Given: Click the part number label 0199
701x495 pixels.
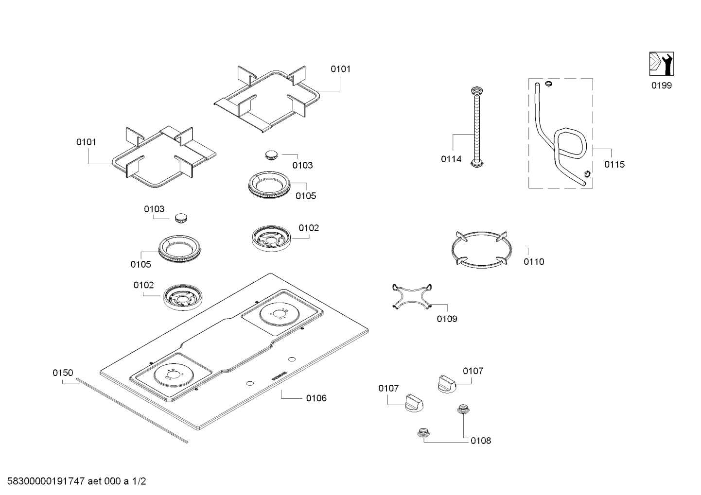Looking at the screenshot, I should pyautogui.click(x=661, y=85).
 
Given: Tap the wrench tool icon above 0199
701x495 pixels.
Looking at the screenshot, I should pyautogui.click(x=661, y=64).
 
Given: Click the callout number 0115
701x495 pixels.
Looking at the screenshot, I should pyautogui.click(x=614, y=164).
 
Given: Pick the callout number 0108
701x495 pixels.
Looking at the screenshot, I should pyautogui.click(x=480, y=441).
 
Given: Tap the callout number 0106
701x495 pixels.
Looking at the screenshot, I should pyautogui.click(x=316, y=398).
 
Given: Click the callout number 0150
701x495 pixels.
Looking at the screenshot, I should pyautogui.click(x=63, y=373).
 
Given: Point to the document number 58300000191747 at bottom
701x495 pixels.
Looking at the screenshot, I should pyautogui.click(x=43, y=482).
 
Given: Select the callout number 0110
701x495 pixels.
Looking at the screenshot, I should pyautogui.click(x=534, y=262).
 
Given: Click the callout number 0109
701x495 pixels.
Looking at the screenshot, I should pyautogui.click(x=447, y=319).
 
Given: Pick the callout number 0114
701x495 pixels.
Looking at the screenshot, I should pyautogui.click(x=451, y=159).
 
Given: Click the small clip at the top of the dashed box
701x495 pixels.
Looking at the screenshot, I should pyautogui.click(x=548, y=84).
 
